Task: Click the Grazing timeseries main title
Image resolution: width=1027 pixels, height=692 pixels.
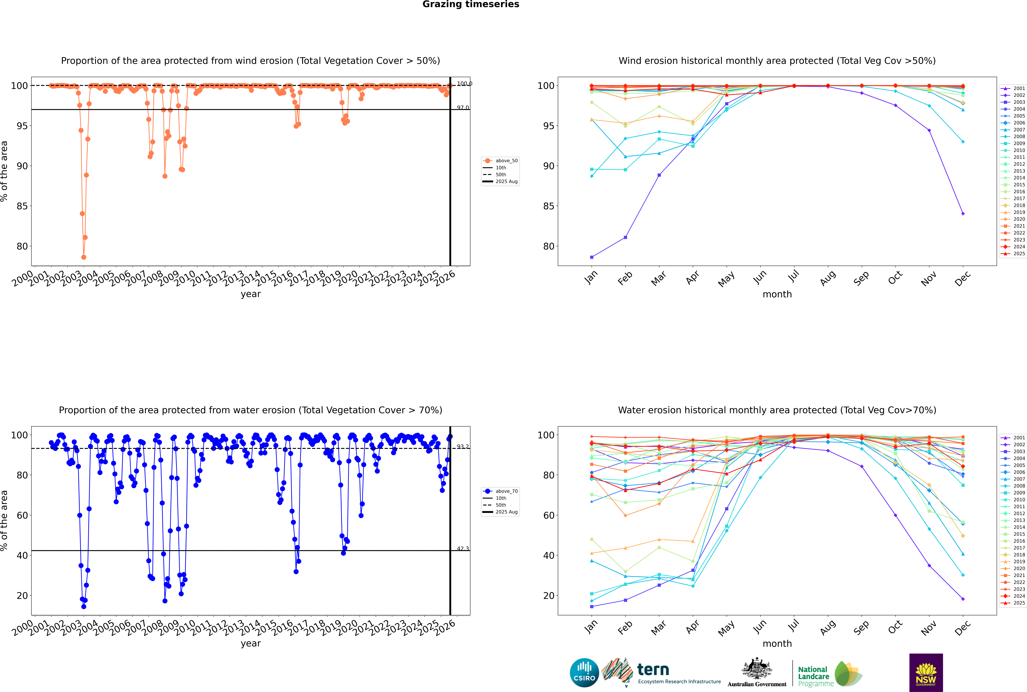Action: (471, 4)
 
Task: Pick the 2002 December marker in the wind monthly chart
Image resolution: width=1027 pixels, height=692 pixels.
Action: (963, 214)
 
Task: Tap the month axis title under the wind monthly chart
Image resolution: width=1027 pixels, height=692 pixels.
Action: (777, 294)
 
